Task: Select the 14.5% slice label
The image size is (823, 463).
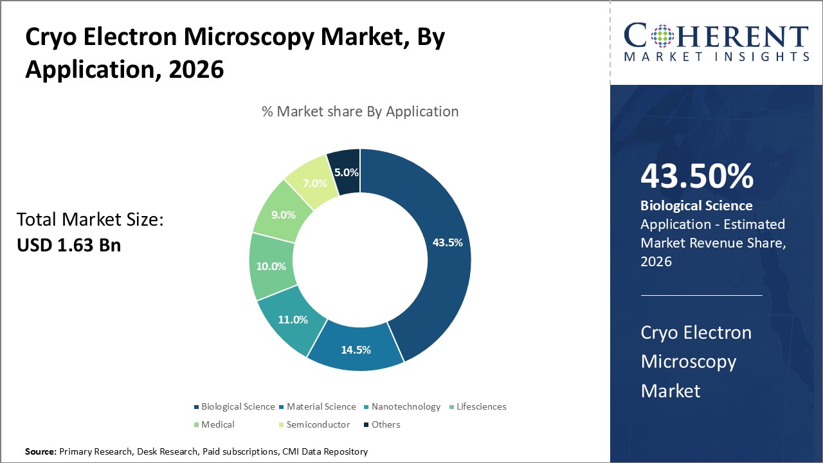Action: coord(356,350)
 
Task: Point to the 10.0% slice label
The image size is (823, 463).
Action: coord(271,266)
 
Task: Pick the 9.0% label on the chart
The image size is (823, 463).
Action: coord(283,215)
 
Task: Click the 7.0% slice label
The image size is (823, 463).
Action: coord(315,183)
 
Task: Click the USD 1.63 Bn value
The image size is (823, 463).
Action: coord(69,245)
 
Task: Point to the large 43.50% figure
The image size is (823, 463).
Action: coord(697,177)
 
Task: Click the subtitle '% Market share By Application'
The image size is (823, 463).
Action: coord(360,111)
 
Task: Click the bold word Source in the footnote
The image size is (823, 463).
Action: coord(41,452)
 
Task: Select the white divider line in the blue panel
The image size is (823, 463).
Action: coord(701,296)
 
